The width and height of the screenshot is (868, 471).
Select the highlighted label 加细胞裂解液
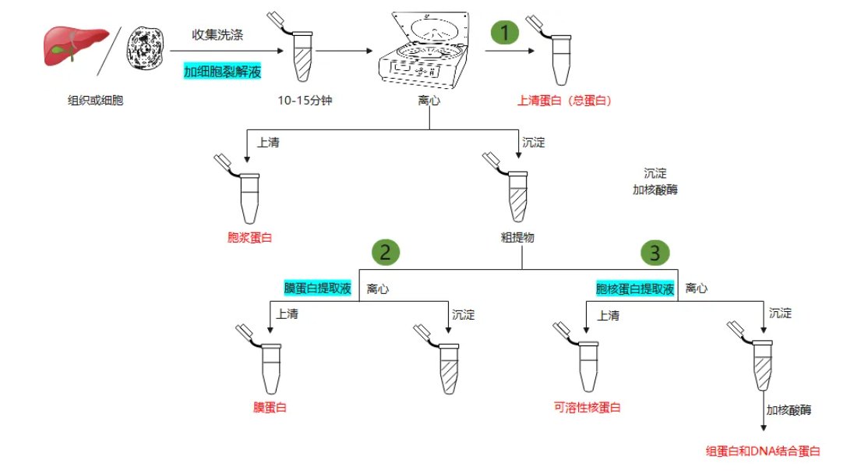222,72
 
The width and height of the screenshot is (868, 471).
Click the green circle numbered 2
387,252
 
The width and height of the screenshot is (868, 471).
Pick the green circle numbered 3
655,252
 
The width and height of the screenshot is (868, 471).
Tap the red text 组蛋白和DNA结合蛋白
763,451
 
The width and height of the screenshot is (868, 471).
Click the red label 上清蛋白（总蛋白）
566,101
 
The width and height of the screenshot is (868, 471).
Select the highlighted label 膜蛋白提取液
317,289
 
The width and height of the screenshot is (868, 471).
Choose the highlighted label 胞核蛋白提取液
634,289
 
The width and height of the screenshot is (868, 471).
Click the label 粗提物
517,237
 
